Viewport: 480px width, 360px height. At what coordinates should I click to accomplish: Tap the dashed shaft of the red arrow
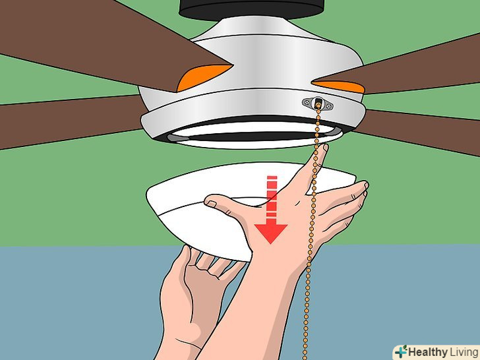(272, 196)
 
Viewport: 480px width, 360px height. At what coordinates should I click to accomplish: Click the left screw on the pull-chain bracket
(307, 102)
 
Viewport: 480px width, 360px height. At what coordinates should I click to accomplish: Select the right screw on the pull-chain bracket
(329, 106)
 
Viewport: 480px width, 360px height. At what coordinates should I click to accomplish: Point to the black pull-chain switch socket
(318, 102)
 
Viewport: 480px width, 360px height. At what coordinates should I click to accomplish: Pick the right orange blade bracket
(340, 86)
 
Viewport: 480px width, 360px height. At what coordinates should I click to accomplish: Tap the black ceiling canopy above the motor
(251, 9)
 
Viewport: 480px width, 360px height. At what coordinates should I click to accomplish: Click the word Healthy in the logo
(428, 351)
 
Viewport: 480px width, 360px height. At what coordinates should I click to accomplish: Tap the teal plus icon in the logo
(401, 351)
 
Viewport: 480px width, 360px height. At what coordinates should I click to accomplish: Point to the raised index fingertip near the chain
(324, 148)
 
